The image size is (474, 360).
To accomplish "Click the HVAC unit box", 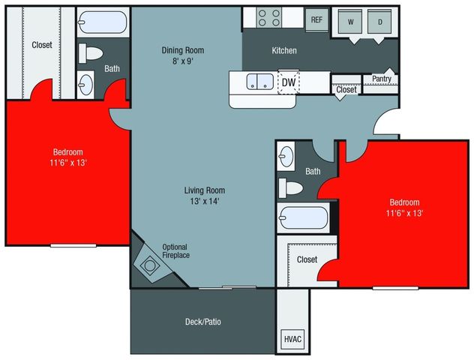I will [292, 339].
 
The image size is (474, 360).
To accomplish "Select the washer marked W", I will [350, 22].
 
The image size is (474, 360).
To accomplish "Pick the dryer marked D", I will [379, 22].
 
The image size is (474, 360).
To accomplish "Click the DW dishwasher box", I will [288, 82].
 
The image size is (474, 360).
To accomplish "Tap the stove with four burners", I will [268, 17].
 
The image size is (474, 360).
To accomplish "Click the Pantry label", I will [381, 78].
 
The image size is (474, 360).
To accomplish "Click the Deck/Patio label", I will [202, 322].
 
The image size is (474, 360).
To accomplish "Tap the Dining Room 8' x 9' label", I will [183, 56].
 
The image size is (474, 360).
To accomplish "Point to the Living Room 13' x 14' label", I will [205, 195].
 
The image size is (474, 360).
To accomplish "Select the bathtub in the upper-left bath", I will [102, 22].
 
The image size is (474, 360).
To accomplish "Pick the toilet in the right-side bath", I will [290, 186].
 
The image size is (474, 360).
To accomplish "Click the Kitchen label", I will [284, 51].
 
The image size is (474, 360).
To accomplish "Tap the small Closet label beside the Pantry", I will [346, 90].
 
